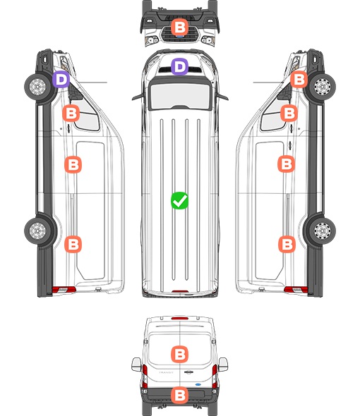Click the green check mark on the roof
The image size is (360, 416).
coord(179,200)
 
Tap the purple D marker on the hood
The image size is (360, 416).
coord(179,66)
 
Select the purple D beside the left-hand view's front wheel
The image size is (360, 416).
coord(61,80)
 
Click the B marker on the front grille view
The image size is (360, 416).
coord(179,27)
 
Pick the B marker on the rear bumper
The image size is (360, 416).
coord(179,396)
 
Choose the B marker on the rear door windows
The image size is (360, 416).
coord(179,354)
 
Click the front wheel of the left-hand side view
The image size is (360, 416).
coord(37,87)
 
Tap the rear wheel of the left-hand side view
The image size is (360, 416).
coord(37,231)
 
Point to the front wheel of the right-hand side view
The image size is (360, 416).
coord(323,87)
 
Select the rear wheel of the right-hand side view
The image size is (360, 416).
coord(323,231)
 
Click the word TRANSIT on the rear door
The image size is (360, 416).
coord(166,372)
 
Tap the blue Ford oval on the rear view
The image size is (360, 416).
coord(198,384)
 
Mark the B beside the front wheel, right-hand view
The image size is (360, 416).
coord(299,80)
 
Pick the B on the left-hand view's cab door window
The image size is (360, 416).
coord(71,114)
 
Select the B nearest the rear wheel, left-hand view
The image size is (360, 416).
coord(73,244)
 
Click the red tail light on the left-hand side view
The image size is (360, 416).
coord(64,290)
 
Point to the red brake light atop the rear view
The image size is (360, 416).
coord(180,318)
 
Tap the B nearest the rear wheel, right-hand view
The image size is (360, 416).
coord(287,244)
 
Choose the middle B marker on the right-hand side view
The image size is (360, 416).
coord(286,164)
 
